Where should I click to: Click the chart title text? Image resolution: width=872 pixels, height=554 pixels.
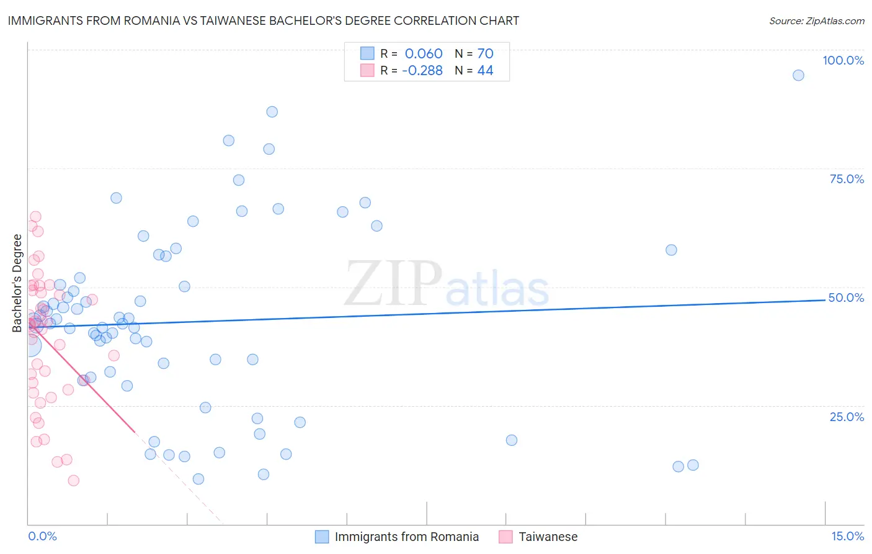(264, 20)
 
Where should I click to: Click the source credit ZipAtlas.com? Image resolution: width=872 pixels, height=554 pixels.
(816, 21)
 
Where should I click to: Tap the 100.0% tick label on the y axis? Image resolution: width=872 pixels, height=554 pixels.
(843, 60)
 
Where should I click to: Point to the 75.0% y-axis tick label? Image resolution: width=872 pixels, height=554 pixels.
(847, 179)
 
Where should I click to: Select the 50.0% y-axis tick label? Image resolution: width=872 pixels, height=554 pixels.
(846, 297)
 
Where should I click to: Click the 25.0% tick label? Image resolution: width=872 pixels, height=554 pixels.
(847, 417)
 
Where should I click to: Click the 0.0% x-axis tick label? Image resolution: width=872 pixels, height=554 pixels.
(42, 536)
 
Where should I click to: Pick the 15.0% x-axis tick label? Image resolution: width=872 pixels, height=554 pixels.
(847, 536)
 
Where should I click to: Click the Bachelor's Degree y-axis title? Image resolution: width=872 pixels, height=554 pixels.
(17, 283)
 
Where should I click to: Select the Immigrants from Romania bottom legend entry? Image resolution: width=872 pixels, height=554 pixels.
(406, 537)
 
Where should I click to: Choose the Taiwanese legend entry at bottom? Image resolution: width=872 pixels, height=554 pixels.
(548, 537)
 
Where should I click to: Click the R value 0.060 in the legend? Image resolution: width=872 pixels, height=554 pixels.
(424, 53)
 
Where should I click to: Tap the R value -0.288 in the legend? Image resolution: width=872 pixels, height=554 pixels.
(422, 70)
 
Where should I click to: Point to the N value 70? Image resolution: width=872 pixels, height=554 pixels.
(485, 53)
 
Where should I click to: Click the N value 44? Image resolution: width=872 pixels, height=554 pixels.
(485, 70)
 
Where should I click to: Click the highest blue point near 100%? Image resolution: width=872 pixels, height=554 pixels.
(798, 75)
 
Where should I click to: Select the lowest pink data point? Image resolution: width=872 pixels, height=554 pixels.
(73, 480)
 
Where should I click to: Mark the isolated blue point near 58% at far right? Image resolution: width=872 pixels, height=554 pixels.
(671, 250)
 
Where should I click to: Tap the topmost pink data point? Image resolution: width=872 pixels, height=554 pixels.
(35, 217)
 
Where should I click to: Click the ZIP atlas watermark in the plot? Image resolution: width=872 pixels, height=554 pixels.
(447, 285)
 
